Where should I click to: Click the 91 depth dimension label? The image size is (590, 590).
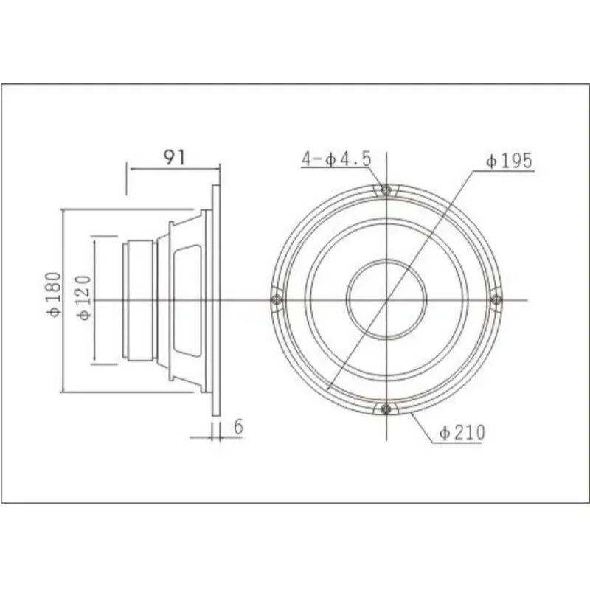pyautogui.click(x=175, y=157)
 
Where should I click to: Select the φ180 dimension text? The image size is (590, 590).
pyautogui.click(x=53, y=294)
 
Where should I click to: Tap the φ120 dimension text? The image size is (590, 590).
pyautogui.click(x=84, y=298)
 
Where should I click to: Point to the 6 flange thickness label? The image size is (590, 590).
pyautogui.click(x=238, y=427)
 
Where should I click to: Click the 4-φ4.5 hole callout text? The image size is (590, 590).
pyautogui.click(x=336, y=159)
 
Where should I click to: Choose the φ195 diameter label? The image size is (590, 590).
pyautogui.click(x=509, y=161)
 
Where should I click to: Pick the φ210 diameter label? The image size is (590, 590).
pyautogui.click(x=462, y=433)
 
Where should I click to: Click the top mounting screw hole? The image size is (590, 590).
pyautogui.click(x=386, y=190)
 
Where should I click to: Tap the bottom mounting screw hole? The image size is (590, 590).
pyautogui.click(x=386, y=409)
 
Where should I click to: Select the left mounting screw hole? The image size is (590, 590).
pyautogui.click(x=277, y=300)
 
